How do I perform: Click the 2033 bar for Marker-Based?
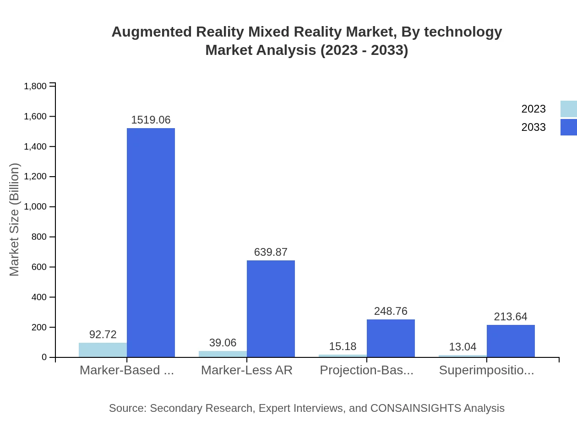click(151, 243)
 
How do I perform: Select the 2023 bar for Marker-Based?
click(103, 350)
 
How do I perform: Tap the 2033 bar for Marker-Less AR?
click(271, 309)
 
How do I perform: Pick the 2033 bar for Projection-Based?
click(391, 338)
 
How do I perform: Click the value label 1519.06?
click(151, 120)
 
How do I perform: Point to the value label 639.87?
click(271, 252)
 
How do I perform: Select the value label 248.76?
click(391, 311)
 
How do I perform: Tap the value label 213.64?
click(511, 317)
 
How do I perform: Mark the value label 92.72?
click(103, 335)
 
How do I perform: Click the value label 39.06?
click(223, 343)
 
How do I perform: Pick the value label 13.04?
click(463, 347)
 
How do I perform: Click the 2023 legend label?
click(533, 109)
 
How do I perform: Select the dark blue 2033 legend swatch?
click(569, 127)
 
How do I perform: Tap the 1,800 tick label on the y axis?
click(35, 86)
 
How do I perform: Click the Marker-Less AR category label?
click(246, 370)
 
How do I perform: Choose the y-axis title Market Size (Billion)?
click(15, 220)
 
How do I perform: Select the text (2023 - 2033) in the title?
click(364, 50)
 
